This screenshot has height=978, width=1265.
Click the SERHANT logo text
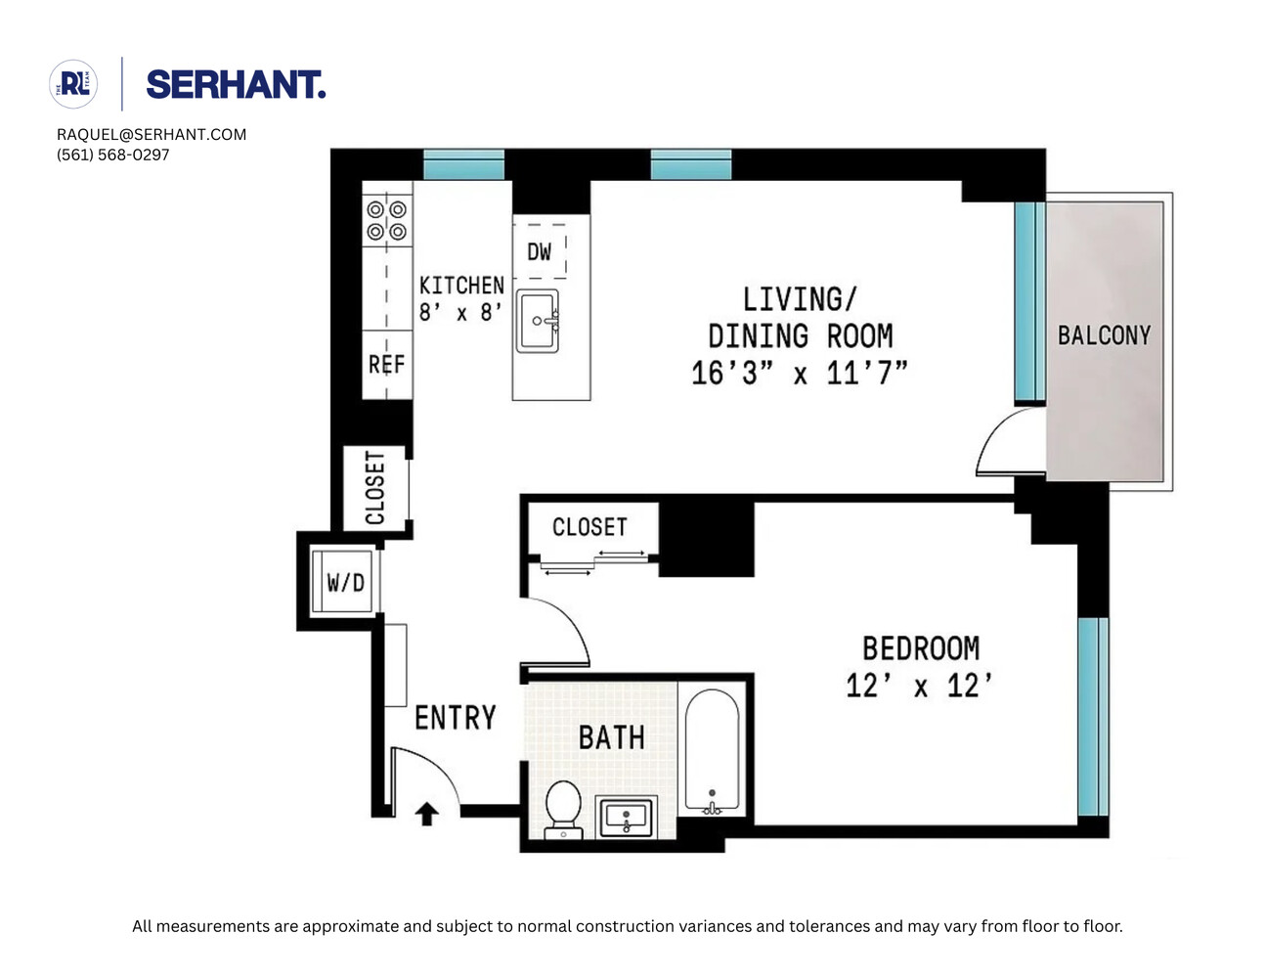pos(235,85)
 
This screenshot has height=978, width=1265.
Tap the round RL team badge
pos(73,84)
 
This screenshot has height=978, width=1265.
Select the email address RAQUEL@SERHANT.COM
pos(152,134)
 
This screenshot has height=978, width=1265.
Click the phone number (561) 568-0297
pos(112,155)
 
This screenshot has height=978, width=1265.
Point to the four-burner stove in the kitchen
pos(386,220)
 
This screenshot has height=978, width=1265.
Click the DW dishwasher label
pos(539,251)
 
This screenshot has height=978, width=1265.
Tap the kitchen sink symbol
pos(538,321)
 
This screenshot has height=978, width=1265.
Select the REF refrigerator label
pos(386,365)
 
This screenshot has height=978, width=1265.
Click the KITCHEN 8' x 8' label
pos(461,298)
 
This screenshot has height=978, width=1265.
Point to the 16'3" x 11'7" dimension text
pos(799,373)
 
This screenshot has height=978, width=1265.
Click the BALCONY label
pos(1104,335)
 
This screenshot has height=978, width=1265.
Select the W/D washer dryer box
pos(344,583)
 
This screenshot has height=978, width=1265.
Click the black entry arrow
pos(426,814)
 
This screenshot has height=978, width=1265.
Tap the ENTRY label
pos(455,718)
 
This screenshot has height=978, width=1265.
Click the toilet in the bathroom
pos(563,808)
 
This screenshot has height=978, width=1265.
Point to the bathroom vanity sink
pos(626,816)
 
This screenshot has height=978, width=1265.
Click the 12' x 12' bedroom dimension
pos(919,686)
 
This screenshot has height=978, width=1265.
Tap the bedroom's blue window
pos(1092,716)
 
